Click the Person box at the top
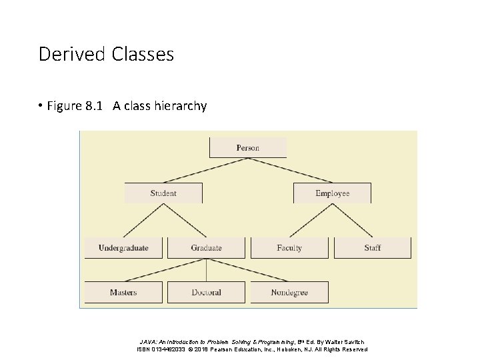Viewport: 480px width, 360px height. click(x=248, y=147)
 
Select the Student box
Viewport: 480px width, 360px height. click(x=163, y=193)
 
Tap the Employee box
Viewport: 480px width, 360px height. click(x=332, y=193)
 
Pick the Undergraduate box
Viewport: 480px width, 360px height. click(x=123, y=248)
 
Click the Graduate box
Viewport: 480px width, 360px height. click(x=206, y=248)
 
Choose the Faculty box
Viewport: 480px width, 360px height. click(x=289, y=248)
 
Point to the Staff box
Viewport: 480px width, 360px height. click(x=372, y=248)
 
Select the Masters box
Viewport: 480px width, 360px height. click(x=123, y=292)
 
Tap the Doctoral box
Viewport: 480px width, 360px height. click(x=206, y=292)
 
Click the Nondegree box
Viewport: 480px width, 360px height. click(x=289, y=292)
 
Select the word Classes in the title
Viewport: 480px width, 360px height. click(x=142, y=54)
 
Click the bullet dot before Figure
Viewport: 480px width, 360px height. click(x=41, y=105)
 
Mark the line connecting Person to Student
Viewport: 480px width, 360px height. click(x=205, y=170)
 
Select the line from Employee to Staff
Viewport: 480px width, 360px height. click(x=352, y=220)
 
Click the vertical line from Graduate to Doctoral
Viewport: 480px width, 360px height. click(x=206, y=270)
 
